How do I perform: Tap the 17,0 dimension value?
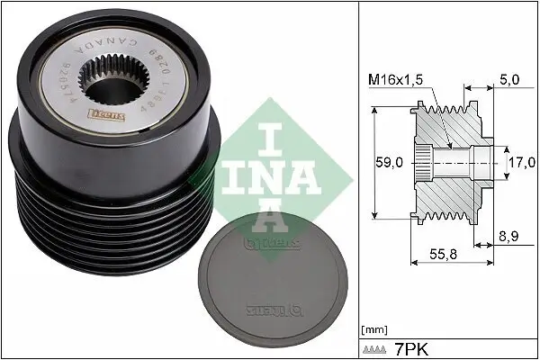pyautogui.click(x=521, y=163)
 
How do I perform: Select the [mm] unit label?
pyautogui.click(x=373, y=328)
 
